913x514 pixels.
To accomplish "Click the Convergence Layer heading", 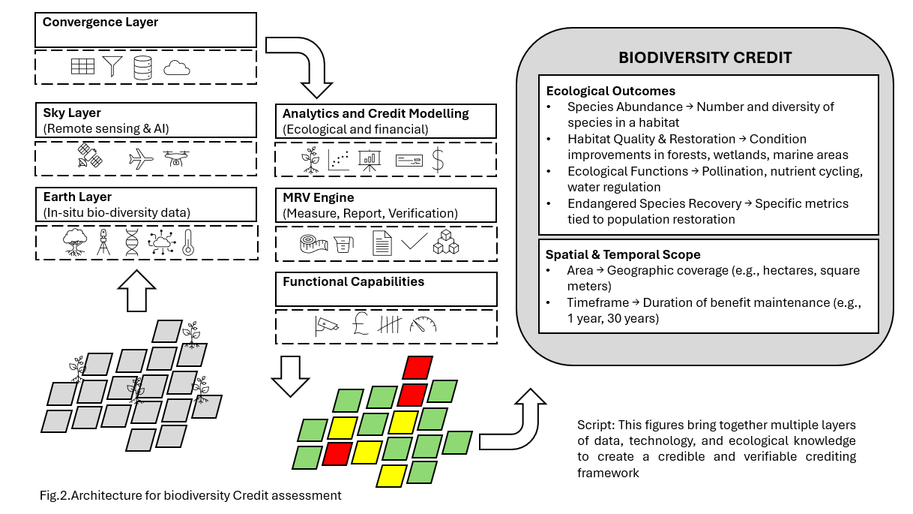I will [x=100, y=23].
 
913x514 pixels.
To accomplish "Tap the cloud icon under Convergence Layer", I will [x=177, y=68].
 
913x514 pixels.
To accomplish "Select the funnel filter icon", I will [x=112, y=66].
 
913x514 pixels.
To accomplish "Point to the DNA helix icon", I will [x=132, y=242].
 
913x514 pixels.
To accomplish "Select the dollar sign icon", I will [x=439, y=160].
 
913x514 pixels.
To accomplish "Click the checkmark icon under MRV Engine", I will [x=414, y=242].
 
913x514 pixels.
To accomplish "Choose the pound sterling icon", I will [x=358, y=325].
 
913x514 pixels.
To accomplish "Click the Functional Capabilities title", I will [x=353, y=282].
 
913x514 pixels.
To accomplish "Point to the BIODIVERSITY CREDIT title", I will [x=705, y=58].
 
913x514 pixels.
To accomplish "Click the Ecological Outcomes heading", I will [x=610, y=92].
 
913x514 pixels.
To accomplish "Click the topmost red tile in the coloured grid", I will [x=418, y=368].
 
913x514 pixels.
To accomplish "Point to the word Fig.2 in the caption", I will [x=53, y=495].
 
